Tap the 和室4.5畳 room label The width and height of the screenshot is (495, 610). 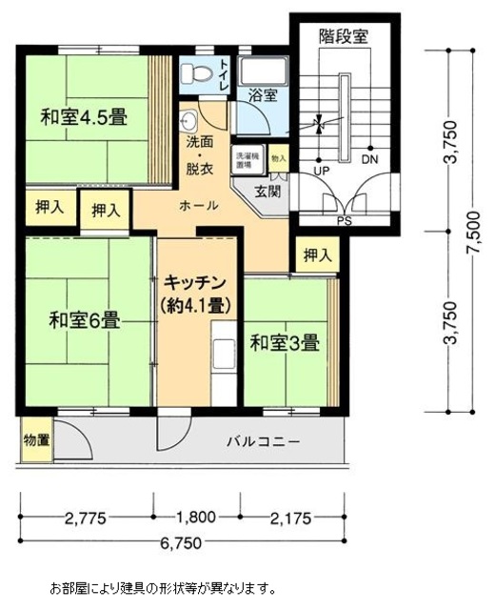click(x=84, y=118)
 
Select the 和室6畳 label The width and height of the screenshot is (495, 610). click(x=84, y=320)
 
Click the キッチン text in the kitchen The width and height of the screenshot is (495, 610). click(x=193, y=283)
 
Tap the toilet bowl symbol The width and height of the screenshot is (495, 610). click(x=196, y=71)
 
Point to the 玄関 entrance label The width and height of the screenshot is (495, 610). click(x=267, y=191)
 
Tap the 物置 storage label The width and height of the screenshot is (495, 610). click(x=37, y=441)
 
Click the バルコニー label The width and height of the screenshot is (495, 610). click(x=264, y=442)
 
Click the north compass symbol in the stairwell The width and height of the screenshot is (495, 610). click(x=321, y=124)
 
